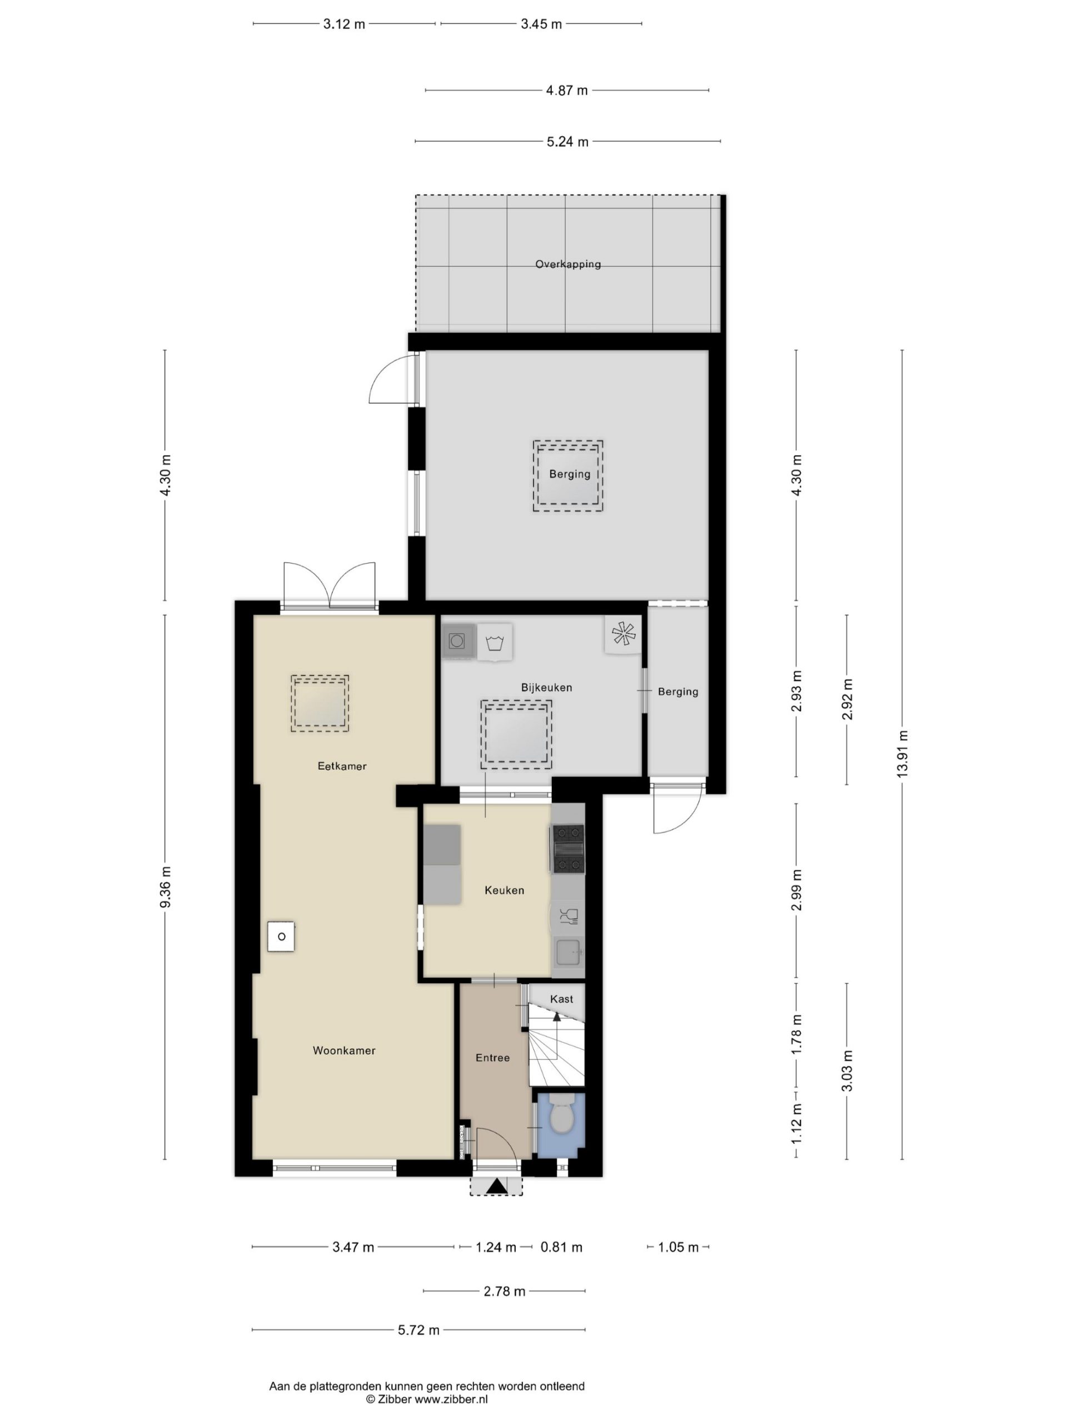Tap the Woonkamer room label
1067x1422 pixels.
344,1050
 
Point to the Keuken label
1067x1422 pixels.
504,890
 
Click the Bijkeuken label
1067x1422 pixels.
547,687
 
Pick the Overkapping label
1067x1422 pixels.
568,264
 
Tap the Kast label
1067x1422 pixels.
561,999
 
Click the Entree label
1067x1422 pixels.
493,1058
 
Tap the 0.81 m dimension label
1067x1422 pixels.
561,1248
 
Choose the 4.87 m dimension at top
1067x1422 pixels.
567,91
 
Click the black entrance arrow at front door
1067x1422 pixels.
496,1185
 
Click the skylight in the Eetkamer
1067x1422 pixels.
320,703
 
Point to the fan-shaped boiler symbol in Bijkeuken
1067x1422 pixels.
622,634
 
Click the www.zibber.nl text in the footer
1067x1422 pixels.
451,1399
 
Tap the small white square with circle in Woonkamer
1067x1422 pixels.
282,937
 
